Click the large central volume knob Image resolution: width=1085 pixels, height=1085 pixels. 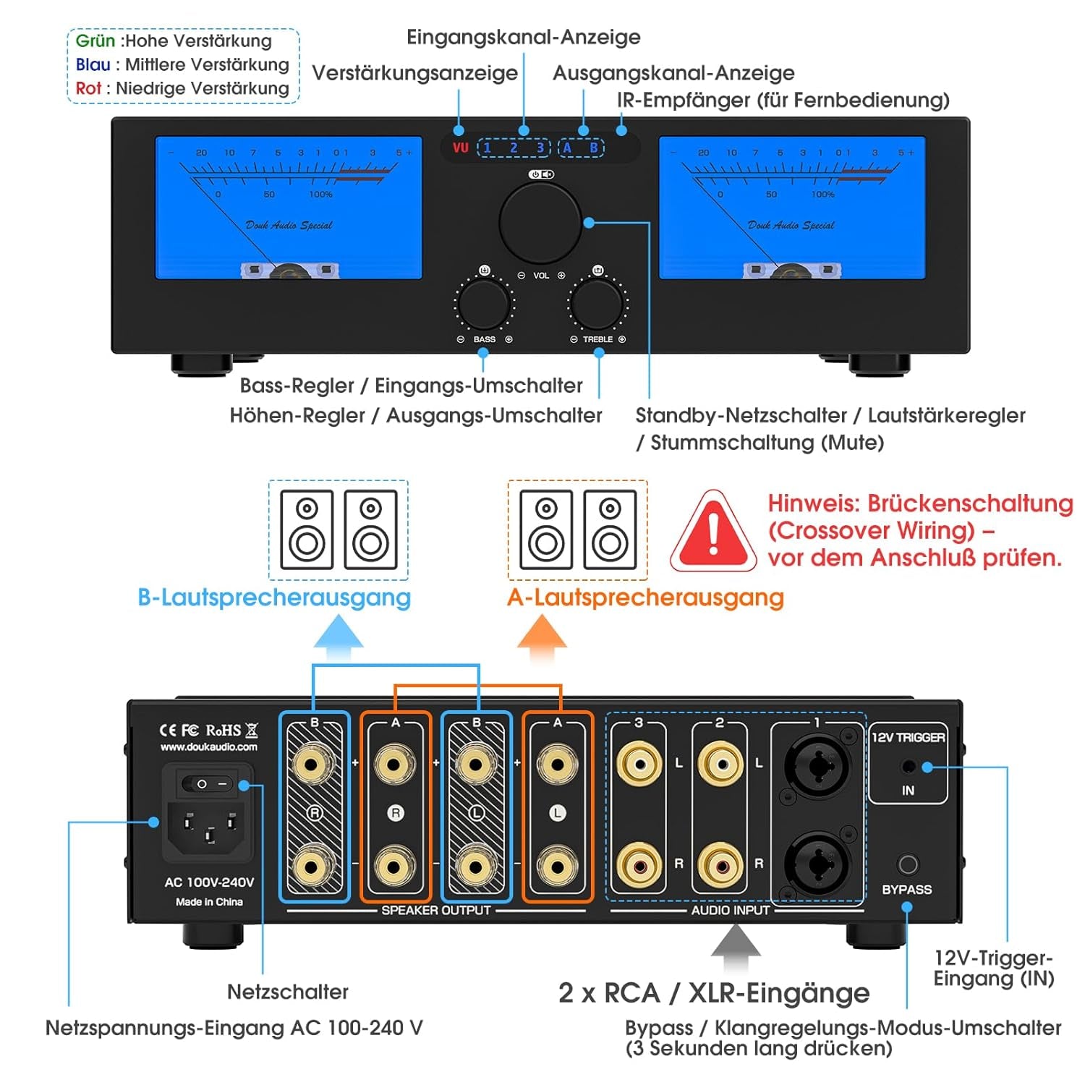[540, 223]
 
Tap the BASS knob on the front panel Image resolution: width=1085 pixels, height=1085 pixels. [484, 305]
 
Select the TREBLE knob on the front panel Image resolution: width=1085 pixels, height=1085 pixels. [597, 305]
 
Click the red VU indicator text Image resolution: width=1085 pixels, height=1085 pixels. [461, 148]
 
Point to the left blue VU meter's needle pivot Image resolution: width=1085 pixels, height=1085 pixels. [287, 271]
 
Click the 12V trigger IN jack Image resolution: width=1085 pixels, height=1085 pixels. [909, 767]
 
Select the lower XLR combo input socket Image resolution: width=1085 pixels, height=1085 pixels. [817, 863]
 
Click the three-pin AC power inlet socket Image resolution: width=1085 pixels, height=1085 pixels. [209, 829]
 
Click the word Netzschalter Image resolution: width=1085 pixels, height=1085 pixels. [287, 992]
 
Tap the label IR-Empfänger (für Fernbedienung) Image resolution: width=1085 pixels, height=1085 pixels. [783, 100]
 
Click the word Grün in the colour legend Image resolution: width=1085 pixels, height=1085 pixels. [95, 41]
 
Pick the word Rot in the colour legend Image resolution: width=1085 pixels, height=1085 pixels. [88, 88]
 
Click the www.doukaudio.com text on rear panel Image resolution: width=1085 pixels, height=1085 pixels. [208, 747]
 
